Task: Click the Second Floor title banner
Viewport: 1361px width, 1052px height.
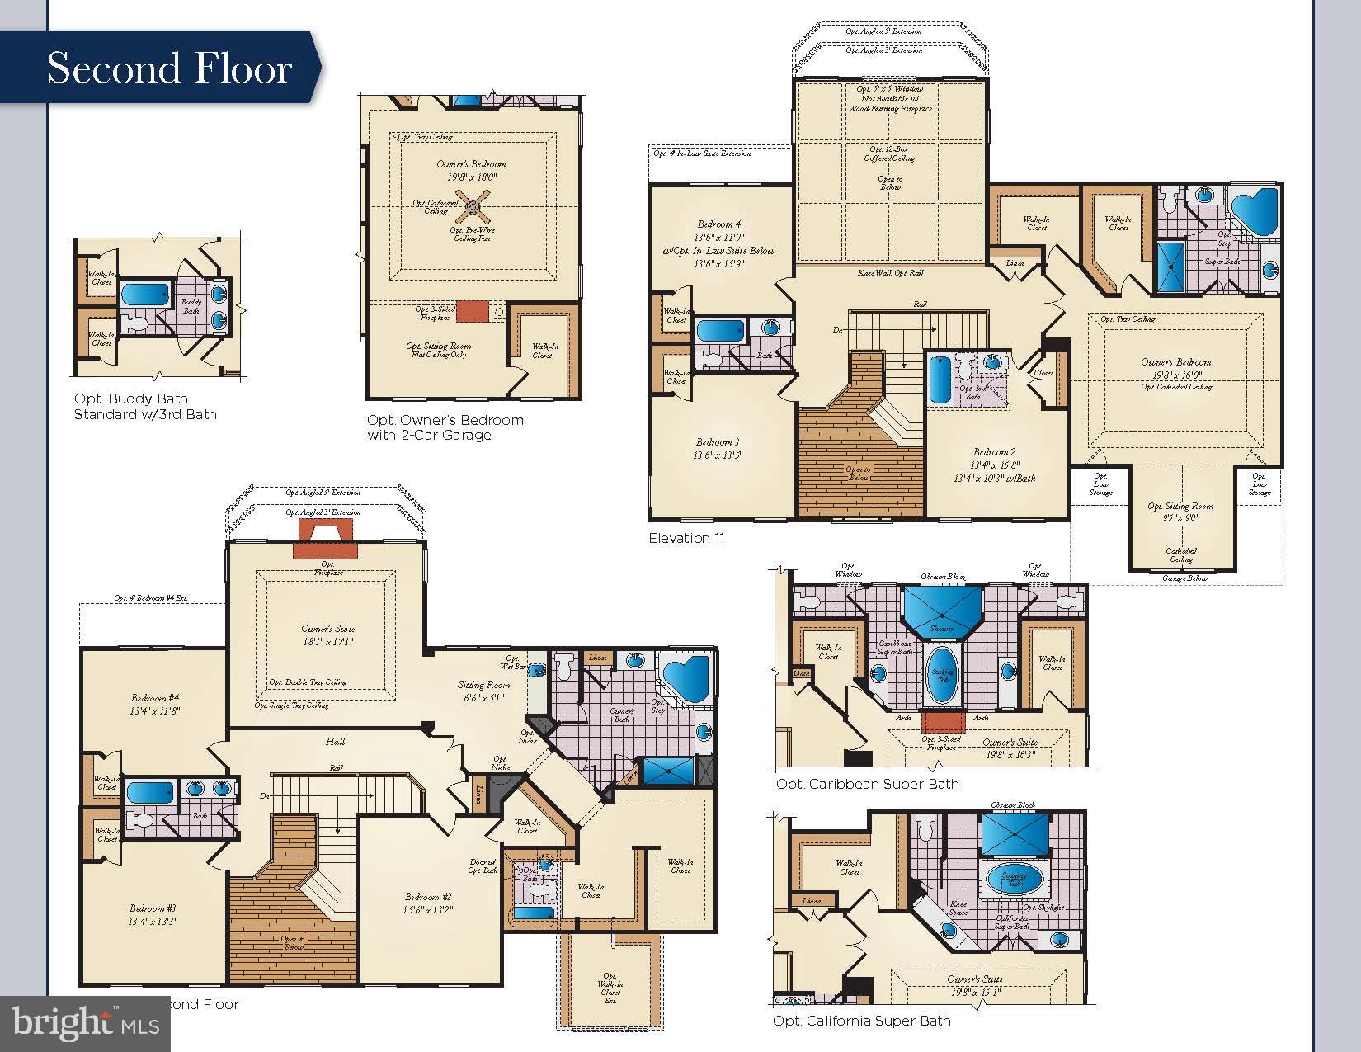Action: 169,68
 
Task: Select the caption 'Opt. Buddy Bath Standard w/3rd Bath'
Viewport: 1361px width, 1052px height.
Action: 145,407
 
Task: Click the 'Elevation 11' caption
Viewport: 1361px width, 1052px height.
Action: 686,538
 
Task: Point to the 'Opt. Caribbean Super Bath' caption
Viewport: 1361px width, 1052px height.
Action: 867,784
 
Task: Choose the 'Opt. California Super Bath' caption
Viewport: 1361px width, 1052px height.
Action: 861,1021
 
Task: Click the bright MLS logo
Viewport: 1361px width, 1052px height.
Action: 86,1023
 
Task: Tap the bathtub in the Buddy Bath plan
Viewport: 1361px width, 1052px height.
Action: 145,295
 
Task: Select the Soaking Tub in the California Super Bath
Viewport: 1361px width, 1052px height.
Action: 1014,880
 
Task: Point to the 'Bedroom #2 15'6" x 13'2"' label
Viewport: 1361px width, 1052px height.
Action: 428,903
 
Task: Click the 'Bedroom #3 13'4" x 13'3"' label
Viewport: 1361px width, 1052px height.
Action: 153,914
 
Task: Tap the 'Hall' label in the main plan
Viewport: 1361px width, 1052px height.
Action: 334,742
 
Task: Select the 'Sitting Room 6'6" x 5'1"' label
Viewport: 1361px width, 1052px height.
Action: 484,691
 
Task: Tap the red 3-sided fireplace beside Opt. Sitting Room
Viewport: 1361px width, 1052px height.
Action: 473,311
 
